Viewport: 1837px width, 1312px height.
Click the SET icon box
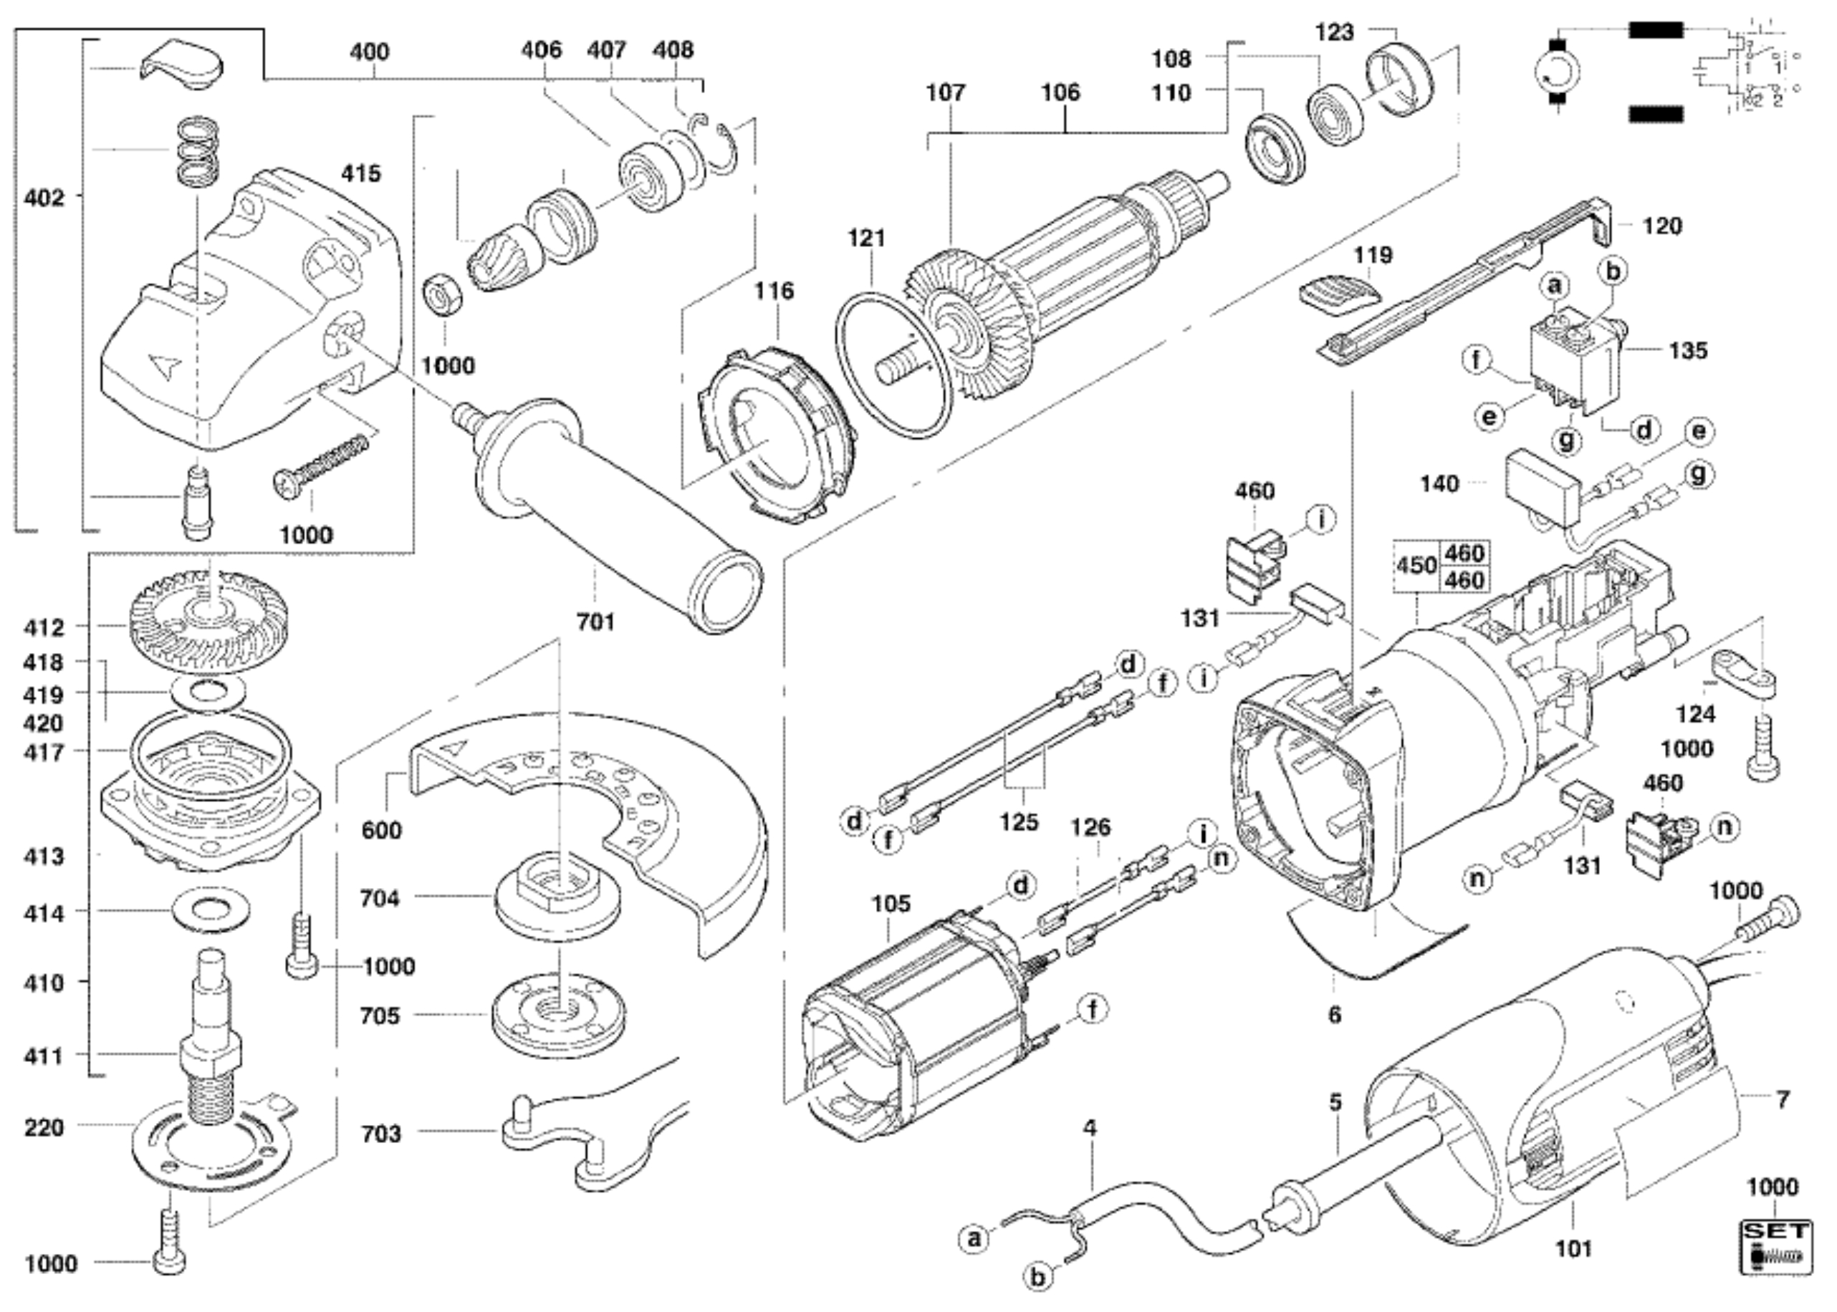(1775, 1248)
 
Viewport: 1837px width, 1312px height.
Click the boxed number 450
(1416, 566)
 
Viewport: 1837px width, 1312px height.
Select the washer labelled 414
(211, 911)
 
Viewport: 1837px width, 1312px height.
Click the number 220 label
(44, 1127)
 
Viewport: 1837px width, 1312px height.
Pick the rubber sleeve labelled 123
(1398, 81)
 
